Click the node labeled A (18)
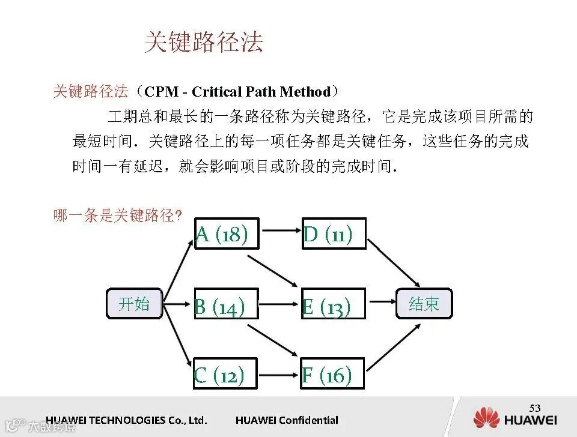[226, 234]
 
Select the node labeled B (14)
[225, 304]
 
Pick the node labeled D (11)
[333, 234]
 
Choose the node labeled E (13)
[333, 304]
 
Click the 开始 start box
[134, 304]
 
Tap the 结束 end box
[424, 304]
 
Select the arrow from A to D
[280, 229]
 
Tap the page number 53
[535, 408]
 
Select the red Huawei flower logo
[486, 418]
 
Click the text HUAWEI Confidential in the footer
[287, 420]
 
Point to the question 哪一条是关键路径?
[117, 215]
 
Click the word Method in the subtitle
[305, 92]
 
